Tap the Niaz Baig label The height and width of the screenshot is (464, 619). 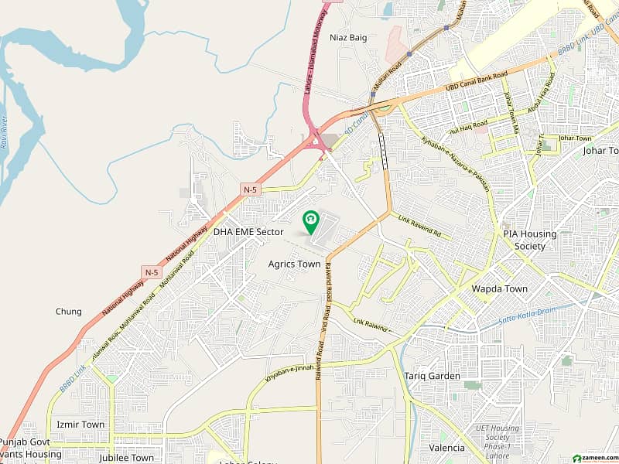coord(347,37)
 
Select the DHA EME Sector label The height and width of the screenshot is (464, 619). coord(249,232)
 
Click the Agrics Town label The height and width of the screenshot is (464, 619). coord(294,264)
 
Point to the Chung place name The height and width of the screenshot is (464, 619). coord(68,312)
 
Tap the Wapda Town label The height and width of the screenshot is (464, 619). coord(499,288)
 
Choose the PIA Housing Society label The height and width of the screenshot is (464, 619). coord(524,241)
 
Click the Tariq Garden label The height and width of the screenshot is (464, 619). coord(432,377)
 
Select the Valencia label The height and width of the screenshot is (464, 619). coord(447,448)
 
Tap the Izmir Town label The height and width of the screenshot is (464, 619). coord(80,425)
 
